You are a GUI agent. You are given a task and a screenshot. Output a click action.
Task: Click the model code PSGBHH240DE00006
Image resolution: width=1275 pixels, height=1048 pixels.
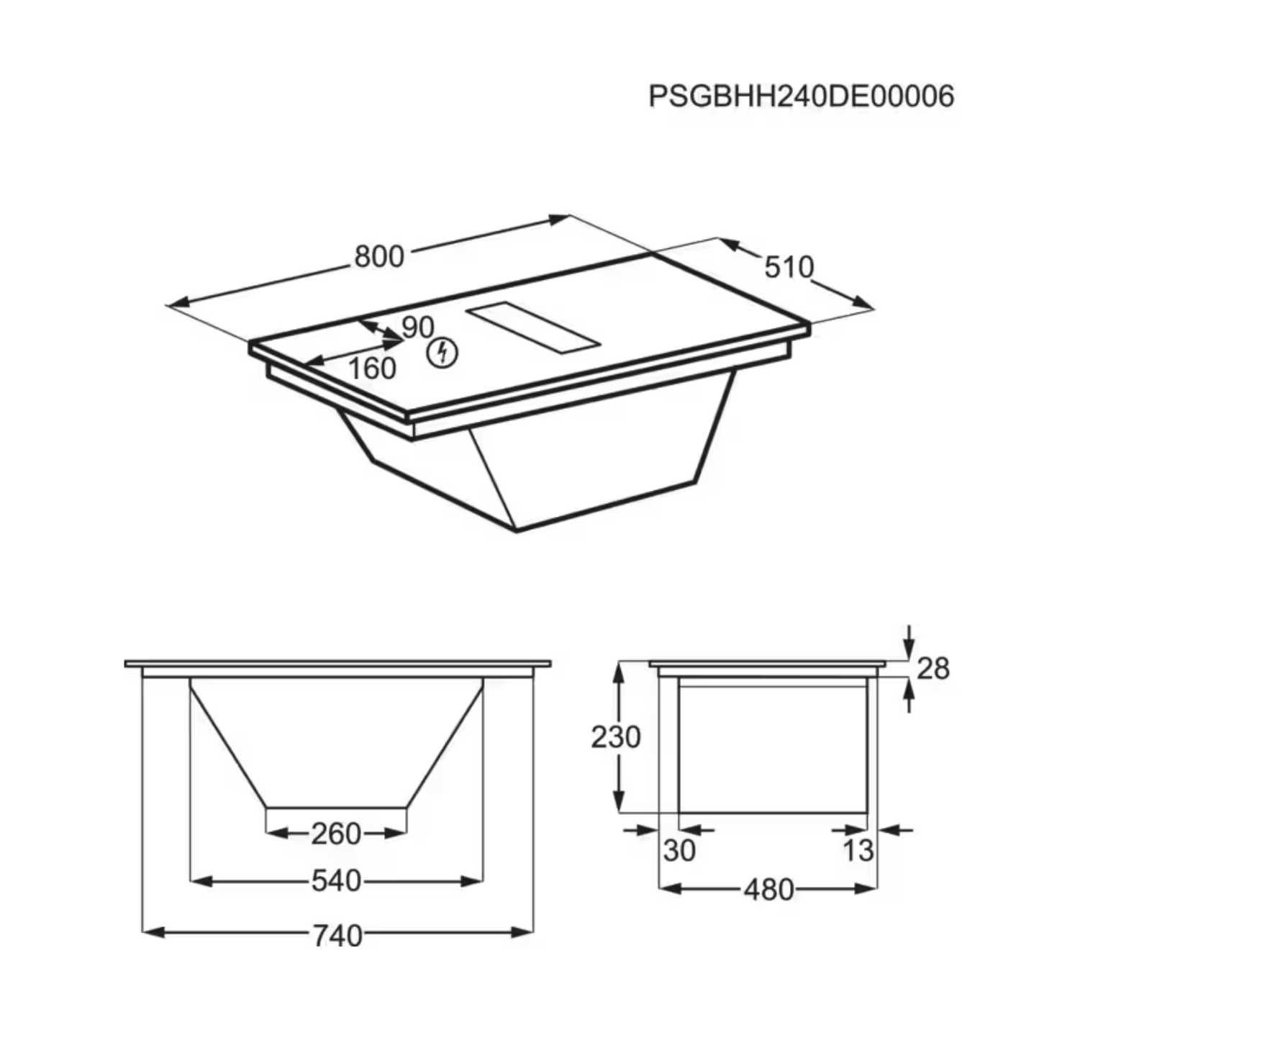[x=801, y=96]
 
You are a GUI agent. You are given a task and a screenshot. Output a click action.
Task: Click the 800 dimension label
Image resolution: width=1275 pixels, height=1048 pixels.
[x=379, y=256]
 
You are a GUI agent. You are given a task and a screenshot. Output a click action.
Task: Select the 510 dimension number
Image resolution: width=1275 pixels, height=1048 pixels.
[x=789, y=267]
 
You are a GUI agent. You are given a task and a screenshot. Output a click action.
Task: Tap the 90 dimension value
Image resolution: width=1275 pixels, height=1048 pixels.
[x=417, y=327]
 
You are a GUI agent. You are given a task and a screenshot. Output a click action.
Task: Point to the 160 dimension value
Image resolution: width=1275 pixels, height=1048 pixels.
[x=372, y=369]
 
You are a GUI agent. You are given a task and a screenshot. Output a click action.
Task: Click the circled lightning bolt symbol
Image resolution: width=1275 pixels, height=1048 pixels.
[x=443, y=353]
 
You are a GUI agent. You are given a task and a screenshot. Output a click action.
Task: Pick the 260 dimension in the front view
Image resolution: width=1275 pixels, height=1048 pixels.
[x=336, y=834]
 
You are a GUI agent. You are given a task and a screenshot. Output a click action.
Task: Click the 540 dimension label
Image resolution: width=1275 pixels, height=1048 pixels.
[x=336, y=880]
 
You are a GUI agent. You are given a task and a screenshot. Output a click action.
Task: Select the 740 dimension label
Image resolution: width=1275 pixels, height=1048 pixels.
[x=337, y=935]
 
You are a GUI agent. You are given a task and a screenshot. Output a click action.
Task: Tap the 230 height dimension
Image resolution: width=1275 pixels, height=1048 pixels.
[x=615, y=737]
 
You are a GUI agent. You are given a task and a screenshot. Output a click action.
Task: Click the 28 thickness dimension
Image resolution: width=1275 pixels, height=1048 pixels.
[x=933, y=669]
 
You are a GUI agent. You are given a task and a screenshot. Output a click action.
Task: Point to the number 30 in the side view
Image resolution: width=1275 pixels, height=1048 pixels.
[x=679, y=851]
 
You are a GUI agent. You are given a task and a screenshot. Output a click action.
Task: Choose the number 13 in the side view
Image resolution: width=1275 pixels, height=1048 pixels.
[x=858, y=851]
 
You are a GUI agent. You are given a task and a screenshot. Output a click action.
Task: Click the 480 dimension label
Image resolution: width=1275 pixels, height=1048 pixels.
[x=768, y=890]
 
